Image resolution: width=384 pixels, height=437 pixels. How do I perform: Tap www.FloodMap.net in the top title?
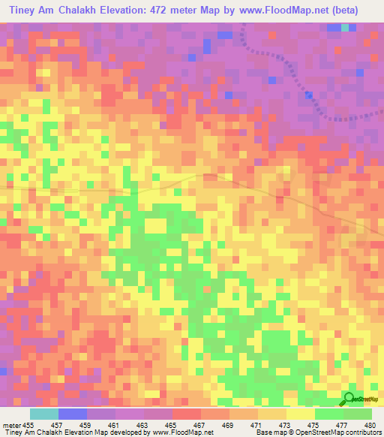pyautogui.click(x=283, y=10)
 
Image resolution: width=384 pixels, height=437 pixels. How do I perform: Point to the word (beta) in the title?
pyautogui.click(x=342, y=10)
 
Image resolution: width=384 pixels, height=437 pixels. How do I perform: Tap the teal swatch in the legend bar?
pyautogui.click(x=44, y=414)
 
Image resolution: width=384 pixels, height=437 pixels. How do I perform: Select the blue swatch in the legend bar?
pyautogui.click(x=73, y=414)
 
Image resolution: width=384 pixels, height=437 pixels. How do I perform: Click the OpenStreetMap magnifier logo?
pyautogui.click(x=349, y=398)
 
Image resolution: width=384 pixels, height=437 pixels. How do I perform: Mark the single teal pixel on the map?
pyautogui.click(x=345, y=28)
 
